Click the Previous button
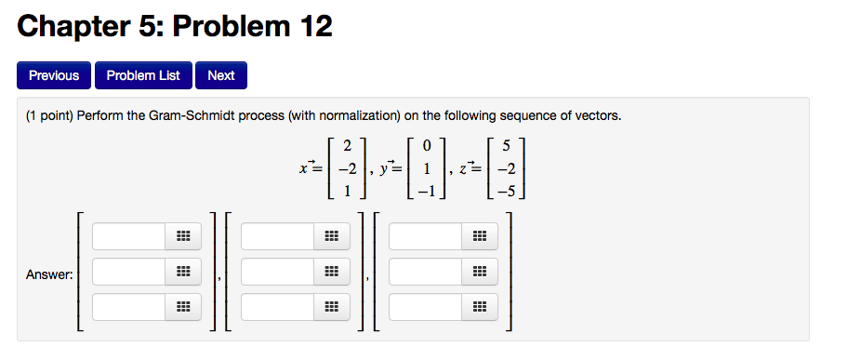[54, 75]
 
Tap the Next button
[221, 75]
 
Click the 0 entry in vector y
[426, 145]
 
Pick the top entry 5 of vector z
[506, 145]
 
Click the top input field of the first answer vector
[128, 237]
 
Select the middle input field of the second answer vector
[277, 273]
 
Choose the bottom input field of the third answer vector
[425, 307]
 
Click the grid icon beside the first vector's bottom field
[182, 307]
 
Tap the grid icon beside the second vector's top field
[331, 237]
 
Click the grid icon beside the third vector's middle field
[479, 273]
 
